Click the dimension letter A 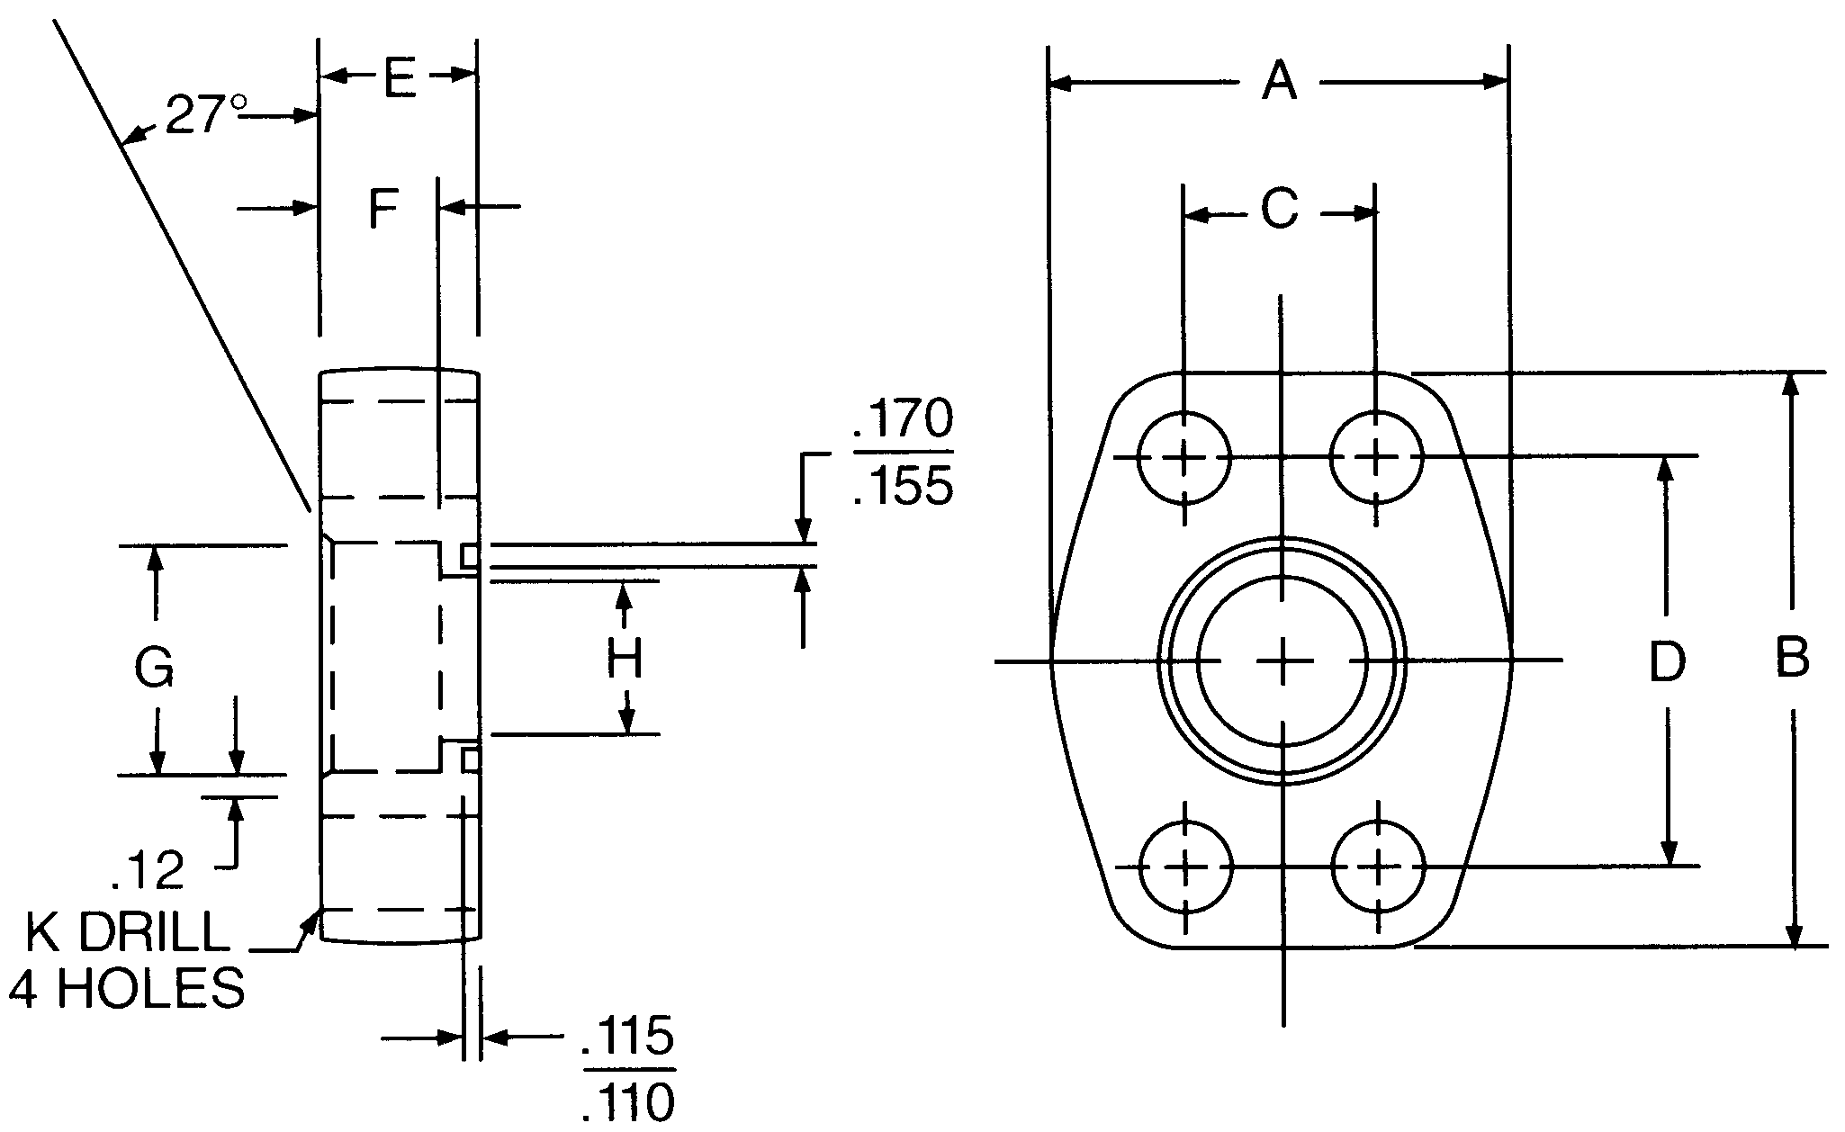click(x=1279, y=82)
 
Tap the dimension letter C click(x=1279, y=210)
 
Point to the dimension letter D click(x=1667, y=661)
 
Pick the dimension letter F click(x=383, y=210)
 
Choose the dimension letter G click(x=154, y=668)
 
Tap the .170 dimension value click(x=902, y=419)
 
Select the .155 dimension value click(x=902, y=487)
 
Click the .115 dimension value click(x=627, y=1036)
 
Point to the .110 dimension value click(x=627, y=1101)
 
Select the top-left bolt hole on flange click(x=1183, y=457)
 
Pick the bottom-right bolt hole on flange click(x=1378, y=867)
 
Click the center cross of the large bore click(x=1282, y=662)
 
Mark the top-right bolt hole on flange click(x=1376, y=457)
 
